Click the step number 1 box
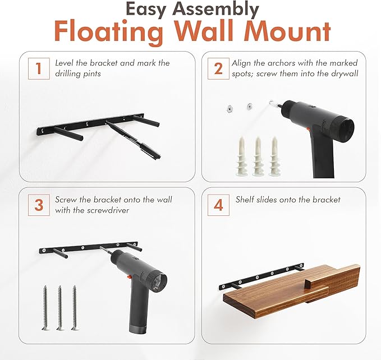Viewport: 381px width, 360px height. coord(39,68)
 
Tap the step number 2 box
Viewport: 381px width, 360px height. coord(218,68)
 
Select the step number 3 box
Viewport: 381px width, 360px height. coord(39,205)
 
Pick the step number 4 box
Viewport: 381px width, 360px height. coord(218,205)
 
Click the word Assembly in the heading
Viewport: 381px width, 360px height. coord(217,10)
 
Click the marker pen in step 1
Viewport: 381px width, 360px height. coord(133,140)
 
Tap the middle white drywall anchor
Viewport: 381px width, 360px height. coord(258,156)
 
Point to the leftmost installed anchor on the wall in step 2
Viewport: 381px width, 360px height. coord(229,109)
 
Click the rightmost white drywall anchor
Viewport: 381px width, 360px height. coord(274,156)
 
